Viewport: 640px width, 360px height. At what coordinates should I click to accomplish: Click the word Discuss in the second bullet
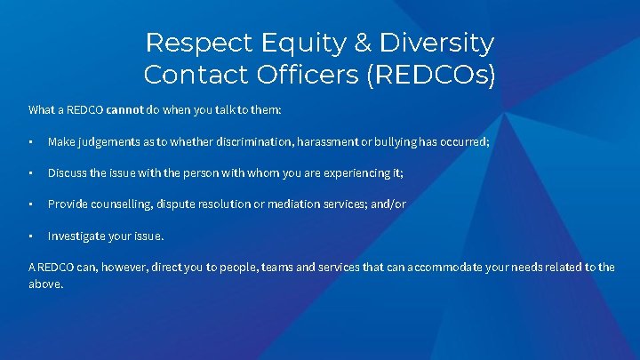click(x=67, y=172)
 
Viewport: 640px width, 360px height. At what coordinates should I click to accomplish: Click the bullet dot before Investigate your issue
click(x=31, y=236)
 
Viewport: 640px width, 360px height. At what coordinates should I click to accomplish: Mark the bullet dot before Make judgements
click(x=31, y=141)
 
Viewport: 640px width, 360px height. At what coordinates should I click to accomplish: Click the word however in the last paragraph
click(x=120, y=267)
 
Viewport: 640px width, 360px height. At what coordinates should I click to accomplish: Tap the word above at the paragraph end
click(x=45, y=284)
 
